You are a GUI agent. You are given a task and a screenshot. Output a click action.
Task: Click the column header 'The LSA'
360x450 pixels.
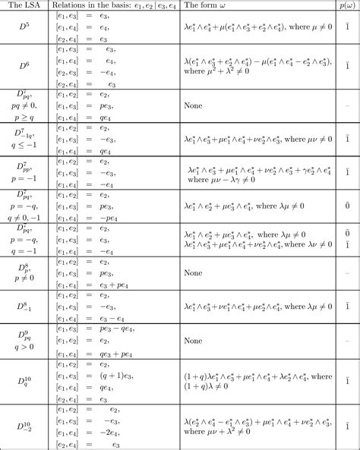[x=24, y=5]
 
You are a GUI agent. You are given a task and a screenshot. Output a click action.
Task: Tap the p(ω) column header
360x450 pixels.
[x=346, y=5]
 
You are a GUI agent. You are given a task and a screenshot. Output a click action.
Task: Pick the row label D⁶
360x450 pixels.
[x=24, y=65]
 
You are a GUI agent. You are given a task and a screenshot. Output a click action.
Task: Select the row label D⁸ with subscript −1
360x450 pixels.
[x=24, y=306]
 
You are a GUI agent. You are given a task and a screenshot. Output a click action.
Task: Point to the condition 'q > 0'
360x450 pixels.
[x=24, y=348]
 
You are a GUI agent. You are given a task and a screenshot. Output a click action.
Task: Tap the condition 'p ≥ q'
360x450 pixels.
[x=24, y=118]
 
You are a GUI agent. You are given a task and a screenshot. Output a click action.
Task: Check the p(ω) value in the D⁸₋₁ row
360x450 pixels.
[x=346, y=307]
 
